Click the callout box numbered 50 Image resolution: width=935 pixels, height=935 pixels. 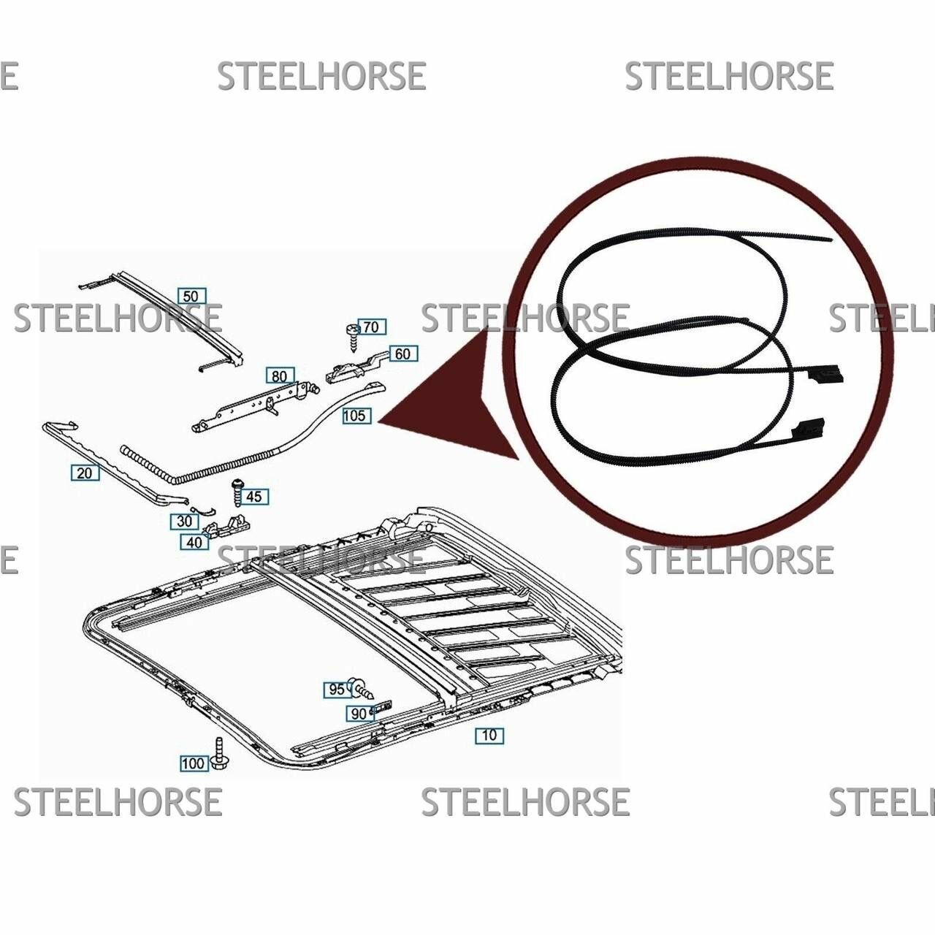[x=191, y=296]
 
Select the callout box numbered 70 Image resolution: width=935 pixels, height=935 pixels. [x=372, y=327]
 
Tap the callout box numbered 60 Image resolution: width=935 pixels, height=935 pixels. [x=403, y=354]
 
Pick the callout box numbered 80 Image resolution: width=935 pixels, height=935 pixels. [x=280, y=376]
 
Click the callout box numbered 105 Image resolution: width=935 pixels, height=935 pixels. [x=356, y=416]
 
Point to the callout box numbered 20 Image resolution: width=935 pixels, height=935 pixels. [x=85, y=473]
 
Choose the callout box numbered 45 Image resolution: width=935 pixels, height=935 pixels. [x=253, y=497]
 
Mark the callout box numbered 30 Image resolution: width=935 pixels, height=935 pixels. [x=184, y=522]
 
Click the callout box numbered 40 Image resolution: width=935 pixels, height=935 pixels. [x=194, y=542]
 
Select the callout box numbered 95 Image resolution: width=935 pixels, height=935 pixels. [x=337, y=690]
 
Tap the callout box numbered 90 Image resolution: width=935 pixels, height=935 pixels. [x=359, y=714]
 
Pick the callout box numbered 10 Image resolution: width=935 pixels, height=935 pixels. [x=489, y=735]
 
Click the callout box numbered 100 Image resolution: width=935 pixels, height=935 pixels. [x=194, y=763]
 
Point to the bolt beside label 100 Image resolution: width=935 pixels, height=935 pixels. [x=220, y=754]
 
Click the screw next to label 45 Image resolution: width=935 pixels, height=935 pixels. [x=237, y=494]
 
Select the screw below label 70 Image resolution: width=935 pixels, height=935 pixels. [x=352, y=337]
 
